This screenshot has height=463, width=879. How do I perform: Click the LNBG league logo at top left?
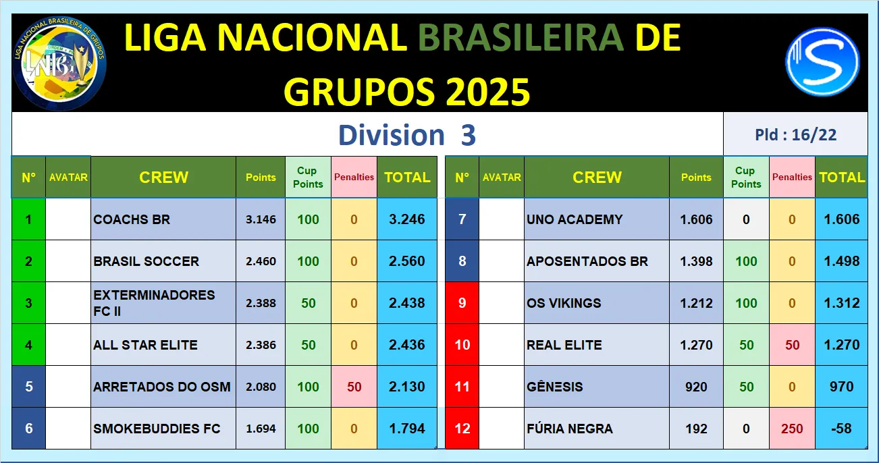[x=59, y=63]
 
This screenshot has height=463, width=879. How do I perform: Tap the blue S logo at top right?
[x=822, y=61]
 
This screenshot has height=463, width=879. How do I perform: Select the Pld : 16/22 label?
[x=795, y=135]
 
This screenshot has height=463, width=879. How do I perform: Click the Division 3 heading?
[x=407, y=135]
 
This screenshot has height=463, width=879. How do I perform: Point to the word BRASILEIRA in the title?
[x=521, y=38]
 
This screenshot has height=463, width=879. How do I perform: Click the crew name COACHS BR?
[x=132, y=219]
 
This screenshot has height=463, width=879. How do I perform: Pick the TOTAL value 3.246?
[x=407, y=219]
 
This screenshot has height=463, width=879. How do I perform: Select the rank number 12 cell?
[x=462, y=429]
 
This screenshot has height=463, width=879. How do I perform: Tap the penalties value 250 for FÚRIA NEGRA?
[x=792, y=429]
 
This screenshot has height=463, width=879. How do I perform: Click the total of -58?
[x=841, y=429]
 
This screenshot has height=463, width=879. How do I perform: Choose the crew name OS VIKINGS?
[x=564, y=303]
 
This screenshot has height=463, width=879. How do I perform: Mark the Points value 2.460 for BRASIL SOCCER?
[x=261, y=261]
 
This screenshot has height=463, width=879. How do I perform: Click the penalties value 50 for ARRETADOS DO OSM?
[x=354, y=387]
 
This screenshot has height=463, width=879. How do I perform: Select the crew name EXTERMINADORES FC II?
[x=154, y=303]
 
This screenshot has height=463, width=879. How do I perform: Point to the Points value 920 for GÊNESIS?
[x=696, y=387]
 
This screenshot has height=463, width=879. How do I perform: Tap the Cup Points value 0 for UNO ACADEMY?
[x=746, y=219]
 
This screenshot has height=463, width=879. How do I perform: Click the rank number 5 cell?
[x=28, y=387]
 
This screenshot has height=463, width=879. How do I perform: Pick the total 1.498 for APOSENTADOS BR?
[x=841, y=261]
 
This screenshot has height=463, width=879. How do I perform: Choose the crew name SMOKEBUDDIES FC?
[x=157, y=429]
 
